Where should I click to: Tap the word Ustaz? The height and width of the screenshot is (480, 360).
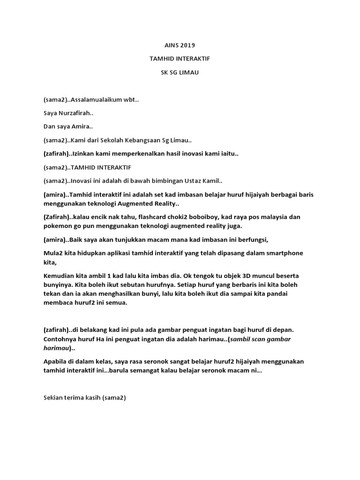(x=193, y=181)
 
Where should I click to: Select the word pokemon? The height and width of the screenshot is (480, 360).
(x=56, y=226)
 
